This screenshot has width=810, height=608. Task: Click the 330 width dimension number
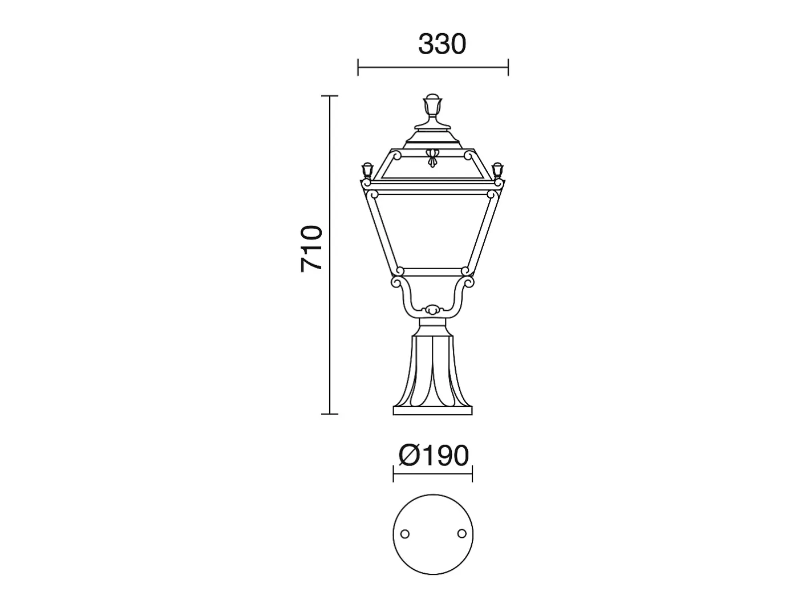(442, 44)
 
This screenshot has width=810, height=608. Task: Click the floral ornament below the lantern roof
(432, 157)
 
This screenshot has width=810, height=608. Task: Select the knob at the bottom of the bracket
(432, 310)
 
